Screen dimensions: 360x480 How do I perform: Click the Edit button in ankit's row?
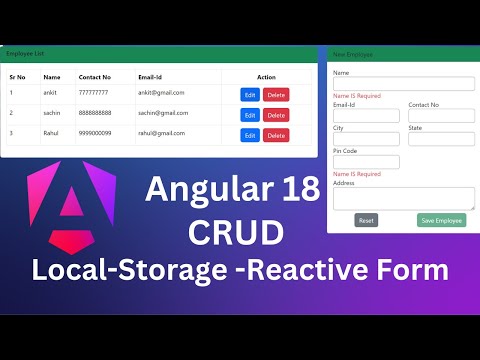pyautogui.click(x=250, y=94)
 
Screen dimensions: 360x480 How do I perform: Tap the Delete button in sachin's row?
pyautogui.click(x=276, y=115)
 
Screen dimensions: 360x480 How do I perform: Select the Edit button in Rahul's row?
pyautogui.click(x=250, y=135)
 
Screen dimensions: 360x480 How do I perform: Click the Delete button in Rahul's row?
pyautogui.click(x=276, y=135)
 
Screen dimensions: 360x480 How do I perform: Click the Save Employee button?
pyautogui.click(x=441, y=220)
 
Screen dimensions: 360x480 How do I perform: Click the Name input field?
pyautogui.click(x=403, y=84)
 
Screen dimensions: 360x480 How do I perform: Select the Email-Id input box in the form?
pyautogui.click(x=366, y=116)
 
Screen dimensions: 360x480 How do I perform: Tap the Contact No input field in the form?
pyautogui.click(x=441, y=116)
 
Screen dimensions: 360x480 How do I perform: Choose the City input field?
pyautogui.click(x=366, y=139)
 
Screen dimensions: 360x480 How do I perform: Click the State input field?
pyautogui.click(x=441, y=139)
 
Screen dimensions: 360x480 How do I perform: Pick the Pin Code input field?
pyautogui.click(x=366, y=162)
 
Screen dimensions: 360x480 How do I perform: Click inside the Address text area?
pyautogui.click(x=403, y=198)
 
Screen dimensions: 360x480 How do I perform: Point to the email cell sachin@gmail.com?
pyautogui.click(x=161, y=113)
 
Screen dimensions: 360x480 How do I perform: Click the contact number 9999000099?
pyautogui.click(x=96, y=133)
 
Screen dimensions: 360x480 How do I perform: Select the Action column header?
pyautogui.click(x=266, y=77)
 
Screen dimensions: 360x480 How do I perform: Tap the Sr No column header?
pyautogui.click(x=19, y=77)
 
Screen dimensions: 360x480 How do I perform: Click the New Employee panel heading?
pyautogui.click(x=354, y=54)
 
